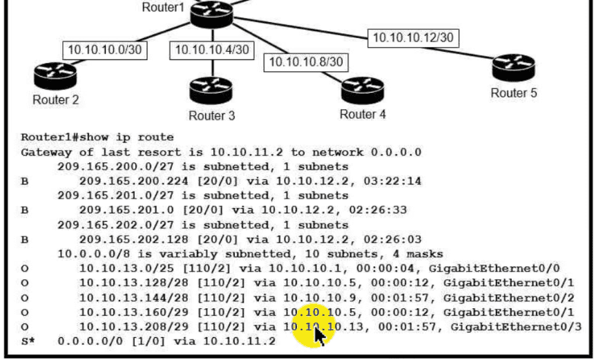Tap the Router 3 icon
click(211, 88)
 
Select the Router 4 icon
click(362, 88)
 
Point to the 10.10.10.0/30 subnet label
click(105, 50)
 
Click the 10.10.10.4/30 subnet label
click(212, 50)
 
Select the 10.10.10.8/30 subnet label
click(306, 62)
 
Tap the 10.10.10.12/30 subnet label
click(413, 37)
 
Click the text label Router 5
click(513, 93)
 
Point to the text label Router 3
click(211, 115)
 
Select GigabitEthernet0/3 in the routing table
click(512, 326)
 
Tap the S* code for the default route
click(28, 341)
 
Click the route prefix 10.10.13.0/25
click(117, 269)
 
